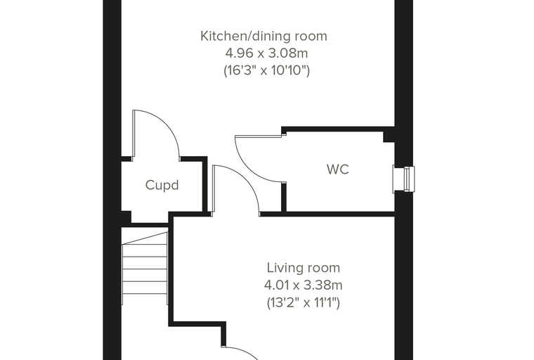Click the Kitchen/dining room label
pyautogui.click(x=263, y=36)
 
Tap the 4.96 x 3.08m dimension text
pyautogui.click(x=267, y=53)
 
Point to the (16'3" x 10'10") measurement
pyautogui.click(x=267, y=70)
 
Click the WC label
pyautogui.click(x=338, y=169)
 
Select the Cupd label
pyautogui.click(x=162, y=185)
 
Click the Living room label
pyautogui.click(x=304, y=268)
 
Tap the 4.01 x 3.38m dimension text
pyautogui.click(x=303, y=285)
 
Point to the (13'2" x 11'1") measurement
pyautogui.click(x=303, y=302)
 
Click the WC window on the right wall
pyautogui.click(x=404, y=179)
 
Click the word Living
pyautogui.click(x=285, y=268)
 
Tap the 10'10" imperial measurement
pyautogui.click(x=290, y=70)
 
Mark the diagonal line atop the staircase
pyautogui.click(x=145, y=238)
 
